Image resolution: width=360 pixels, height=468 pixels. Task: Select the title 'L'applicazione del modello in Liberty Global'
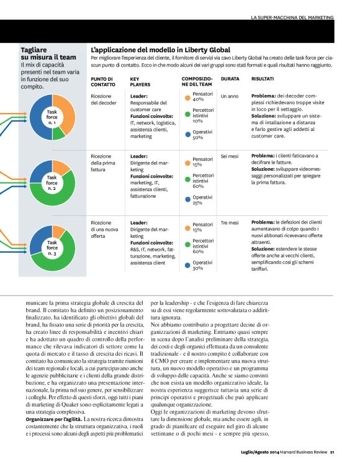tap(160, 50)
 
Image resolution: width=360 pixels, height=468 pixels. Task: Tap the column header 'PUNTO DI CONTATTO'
tap(102, 82)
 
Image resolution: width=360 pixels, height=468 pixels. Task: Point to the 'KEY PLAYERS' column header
tap(140, 82)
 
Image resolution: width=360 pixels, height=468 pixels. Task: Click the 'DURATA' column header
tap(230, 79)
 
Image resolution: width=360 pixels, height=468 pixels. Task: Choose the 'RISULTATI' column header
tap(263, 79)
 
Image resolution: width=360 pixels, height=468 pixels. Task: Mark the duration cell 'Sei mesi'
tap(230, 156)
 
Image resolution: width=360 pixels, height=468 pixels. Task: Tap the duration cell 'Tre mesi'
tap(230, 222)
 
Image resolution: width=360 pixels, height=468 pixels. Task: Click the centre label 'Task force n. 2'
tap(52, 180)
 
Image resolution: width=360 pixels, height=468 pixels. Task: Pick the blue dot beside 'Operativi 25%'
tap(187, 199)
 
